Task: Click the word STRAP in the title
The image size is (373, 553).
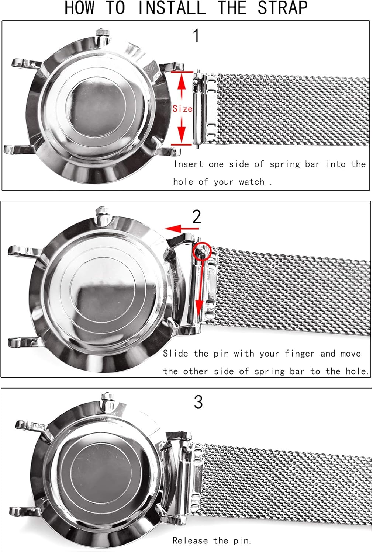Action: coord(282,8)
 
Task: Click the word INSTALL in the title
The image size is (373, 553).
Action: coord(172,8)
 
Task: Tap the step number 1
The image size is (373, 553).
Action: coord(196,36)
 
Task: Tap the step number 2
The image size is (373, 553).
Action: coord(197,217)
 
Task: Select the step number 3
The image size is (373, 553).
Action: coord(198,402)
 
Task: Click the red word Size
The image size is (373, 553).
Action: coord(182,109)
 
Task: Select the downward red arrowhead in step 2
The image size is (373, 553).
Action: coord(199,307)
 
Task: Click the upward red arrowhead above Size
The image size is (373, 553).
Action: coord(182,83)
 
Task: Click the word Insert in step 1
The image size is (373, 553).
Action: coord(189,164)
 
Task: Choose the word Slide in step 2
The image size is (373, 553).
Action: coord(175,354)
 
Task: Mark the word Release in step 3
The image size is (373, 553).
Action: coord(190,540)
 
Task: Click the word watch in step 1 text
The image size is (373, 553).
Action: coord(252,182)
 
